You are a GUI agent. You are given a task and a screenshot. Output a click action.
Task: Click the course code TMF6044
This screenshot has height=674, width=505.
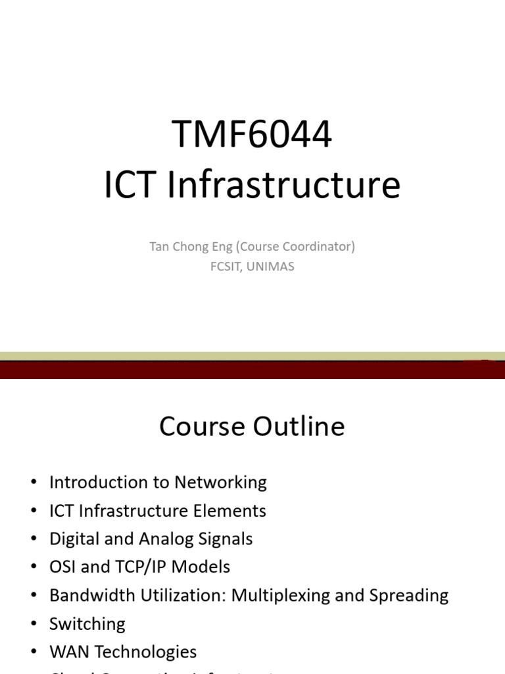tap(252, 134)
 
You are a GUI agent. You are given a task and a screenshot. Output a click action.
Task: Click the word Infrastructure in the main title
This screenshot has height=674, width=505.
tap(283, 185)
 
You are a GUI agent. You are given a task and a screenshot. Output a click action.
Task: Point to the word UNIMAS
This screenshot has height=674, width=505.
tap(271, 267)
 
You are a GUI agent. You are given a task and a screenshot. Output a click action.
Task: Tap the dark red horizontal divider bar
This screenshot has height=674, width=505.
tap(252, 370)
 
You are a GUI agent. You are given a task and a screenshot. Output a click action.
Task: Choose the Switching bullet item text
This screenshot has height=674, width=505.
tap(87, 625)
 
